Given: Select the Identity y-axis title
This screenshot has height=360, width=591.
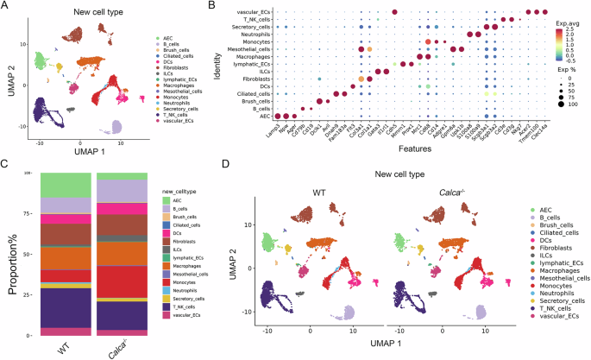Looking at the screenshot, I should coord(218,65).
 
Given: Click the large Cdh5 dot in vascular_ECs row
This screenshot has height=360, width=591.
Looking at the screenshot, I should coord(394,11).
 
